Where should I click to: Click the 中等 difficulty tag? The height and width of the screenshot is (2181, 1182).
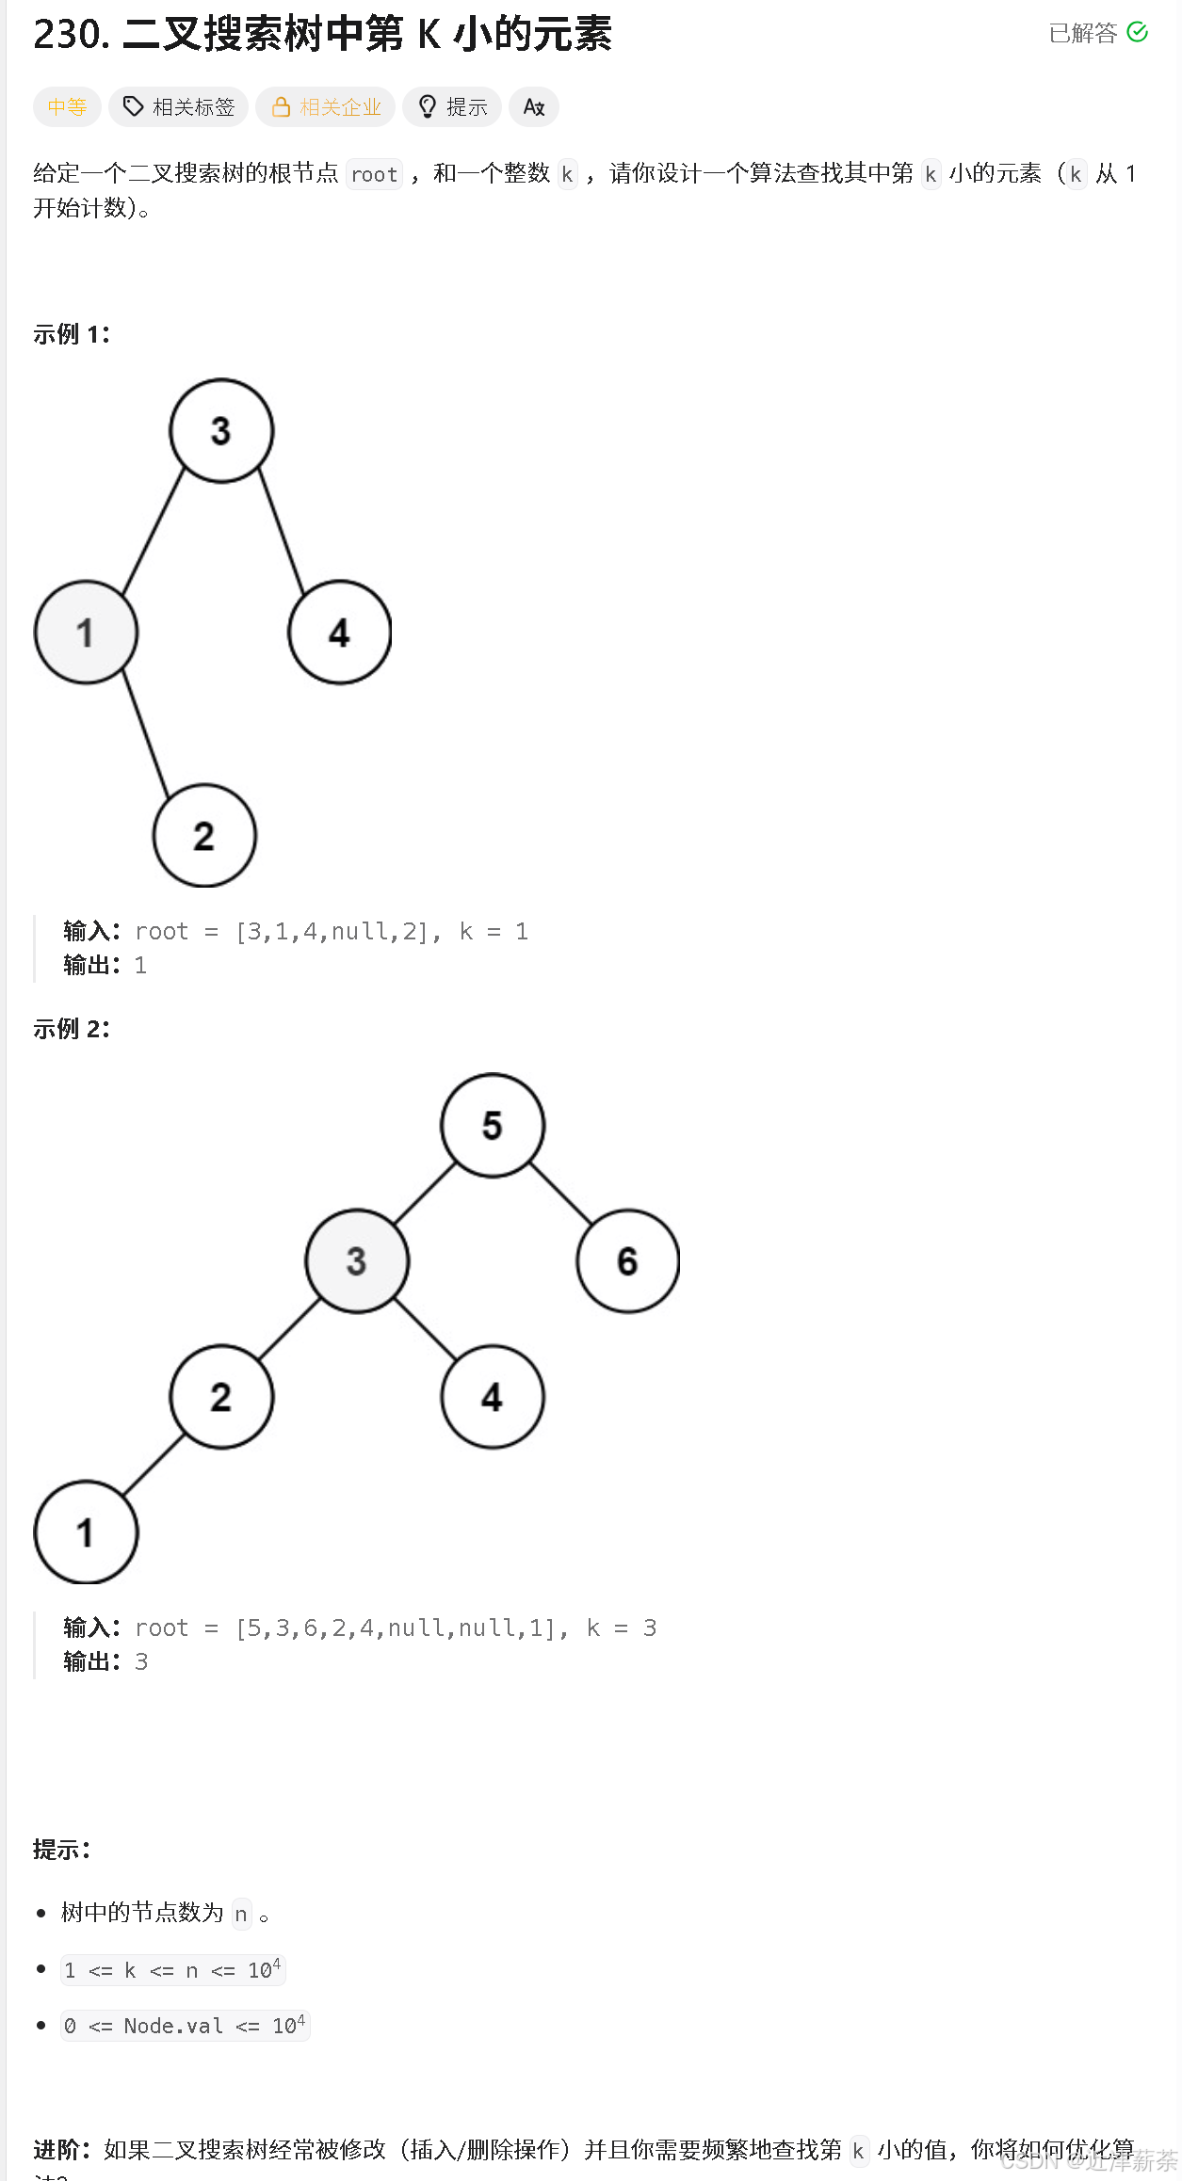[x=67, y=107]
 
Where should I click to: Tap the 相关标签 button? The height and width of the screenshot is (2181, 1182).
[x=179, y=107]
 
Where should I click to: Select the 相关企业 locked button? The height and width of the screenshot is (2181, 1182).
[x=326, y=107]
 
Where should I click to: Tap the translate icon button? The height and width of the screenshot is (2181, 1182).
[x=534, y=107]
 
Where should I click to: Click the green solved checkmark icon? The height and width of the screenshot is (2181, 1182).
[x=1138, y=33]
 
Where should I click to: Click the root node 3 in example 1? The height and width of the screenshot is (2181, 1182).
[x=221, y=431]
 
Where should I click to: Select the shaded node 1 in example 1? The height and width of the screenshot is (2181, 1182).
[x=86, y=633]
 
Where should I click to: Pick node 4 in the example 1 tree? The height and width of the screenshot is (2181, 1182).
[x=339, y=633]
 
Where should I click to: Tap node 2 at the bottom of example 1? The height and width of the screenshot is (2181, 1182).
[x=204, y=836]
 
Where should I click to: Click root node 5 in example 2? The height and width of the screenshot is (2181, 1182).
[x=493, y=1126]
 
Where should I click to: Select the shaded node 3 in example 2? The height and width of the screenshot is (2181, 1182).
[x=357, y=1261]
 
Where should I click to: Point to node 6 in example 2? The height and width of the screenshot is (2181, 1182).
[x=627, y=1261]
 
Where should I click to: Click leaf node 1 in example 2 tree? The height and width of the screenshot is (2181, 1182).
[x=86, y=1532]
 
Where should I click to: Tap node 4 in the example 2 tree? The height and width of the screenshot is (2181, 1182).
[x=493, y=1397]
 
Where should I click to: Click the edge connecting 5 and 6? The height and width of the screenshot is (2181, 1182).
[x=560, y=1194]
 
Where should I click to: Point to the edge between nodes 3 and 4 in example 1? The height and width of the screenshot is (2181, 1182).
[x=282, y=531]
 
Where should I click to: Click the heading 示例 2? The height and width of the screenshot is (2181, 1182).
[x=72, y=1029]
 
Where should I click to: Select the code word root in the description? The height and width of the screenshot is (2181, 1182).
[x=374, y=174]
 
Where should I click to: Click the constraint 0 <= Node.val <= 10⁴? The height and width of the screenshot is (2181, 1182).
[x=186, y=2026]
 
